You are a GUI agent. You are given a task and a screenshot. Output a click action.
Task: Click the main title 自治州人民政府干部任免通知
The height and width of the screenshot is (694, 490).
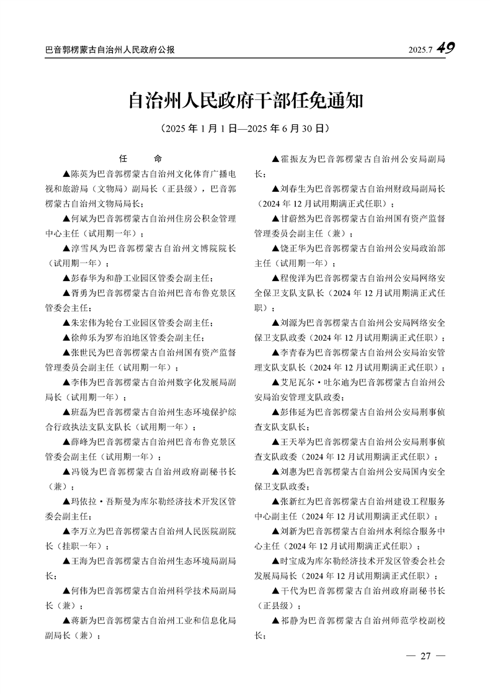tap(244, 101)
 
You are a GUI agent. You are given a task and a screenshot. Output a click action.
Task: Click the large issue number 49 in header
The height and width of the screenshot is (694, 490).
tap(445, 48)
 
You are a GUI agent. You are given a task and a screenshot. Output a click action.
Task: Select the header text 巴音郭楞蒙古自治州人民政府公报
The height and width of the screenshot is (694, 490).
tap(110, 50)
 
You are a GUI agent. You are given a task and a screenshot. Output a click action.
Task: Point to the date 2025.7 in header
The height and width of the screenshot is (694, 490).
tap(421, 50)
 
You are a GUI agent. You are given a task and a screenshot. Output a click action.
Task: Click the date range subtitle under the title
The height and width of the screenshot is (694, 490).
tap(244, 129)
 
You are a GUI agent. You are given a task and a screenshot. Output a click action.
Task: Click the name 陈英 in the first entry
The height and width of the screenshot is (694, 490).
tap(80, 173)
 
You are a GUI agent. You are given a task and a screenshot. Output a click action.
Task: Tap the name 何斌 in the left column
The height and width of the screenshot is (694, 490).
tap(80, 220)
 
